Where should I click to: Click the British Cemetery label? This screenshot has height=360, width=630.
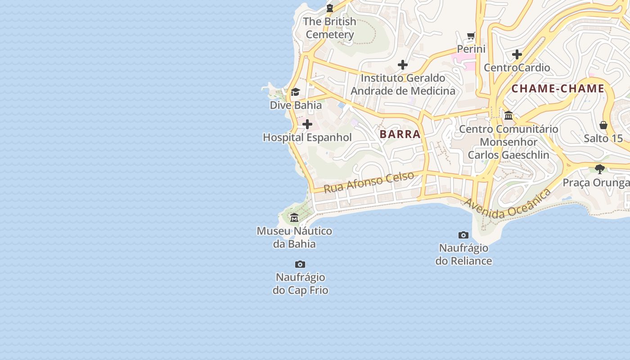330,28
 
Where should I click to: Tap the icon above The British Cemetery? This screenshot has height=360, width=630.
330,8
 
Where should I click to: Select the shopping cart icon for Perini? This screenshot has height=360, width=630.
471,36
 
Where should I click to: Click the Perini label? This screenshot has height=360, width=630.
471,49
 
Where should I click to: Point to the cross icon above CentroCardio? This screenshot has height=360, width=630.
517,54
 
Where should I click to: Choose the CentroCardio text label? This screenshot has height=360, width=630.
517,67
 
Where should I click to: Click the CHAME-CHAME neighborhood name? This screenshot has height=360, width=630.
558,89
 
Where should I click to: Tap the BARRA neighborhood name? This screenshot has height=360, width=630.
400,134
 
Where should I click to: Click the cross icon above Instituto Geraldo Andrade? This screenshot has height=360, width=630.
402,65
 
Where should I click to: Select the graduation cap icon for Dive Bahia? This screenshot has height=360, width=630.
295,92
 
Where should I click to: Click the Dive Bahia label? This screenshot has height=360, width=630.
296,105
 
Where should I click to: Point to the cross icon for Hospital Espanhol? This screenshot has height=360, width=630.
307,124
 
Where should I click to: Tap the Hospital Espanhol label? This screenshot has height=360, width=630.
307,138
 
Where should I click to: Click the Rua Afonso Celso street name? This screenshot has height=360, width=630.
369,182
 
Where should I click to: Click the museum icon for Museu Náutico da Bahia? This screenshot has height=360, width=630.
294,218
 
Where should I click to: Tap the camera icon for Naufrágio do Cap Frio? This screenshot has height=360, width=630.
300,264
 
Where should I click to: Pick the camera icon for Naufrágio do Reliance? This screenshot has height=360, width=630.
463,235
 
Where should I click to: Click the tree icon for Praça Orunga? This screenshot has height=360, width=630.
599,169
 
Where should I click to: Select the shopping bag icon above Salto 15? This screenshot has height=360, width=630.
603,125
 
